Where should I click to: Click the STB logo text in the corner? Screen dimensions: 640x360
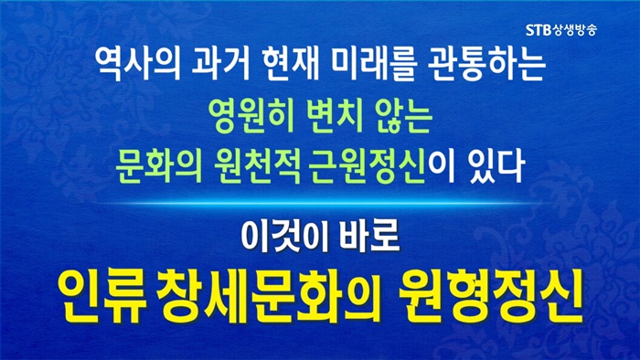(x=539, y=30)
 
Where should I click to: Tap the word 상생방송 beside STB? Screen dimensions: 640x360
(x=575, y=30)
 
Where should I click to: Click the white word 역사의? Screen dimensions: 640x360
(x=137, y=64)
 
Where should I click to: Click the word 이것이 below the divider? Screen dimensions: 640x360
(x=284, y=237)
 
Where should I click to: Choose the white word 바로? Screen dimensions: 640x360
(x=370, y=237)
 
